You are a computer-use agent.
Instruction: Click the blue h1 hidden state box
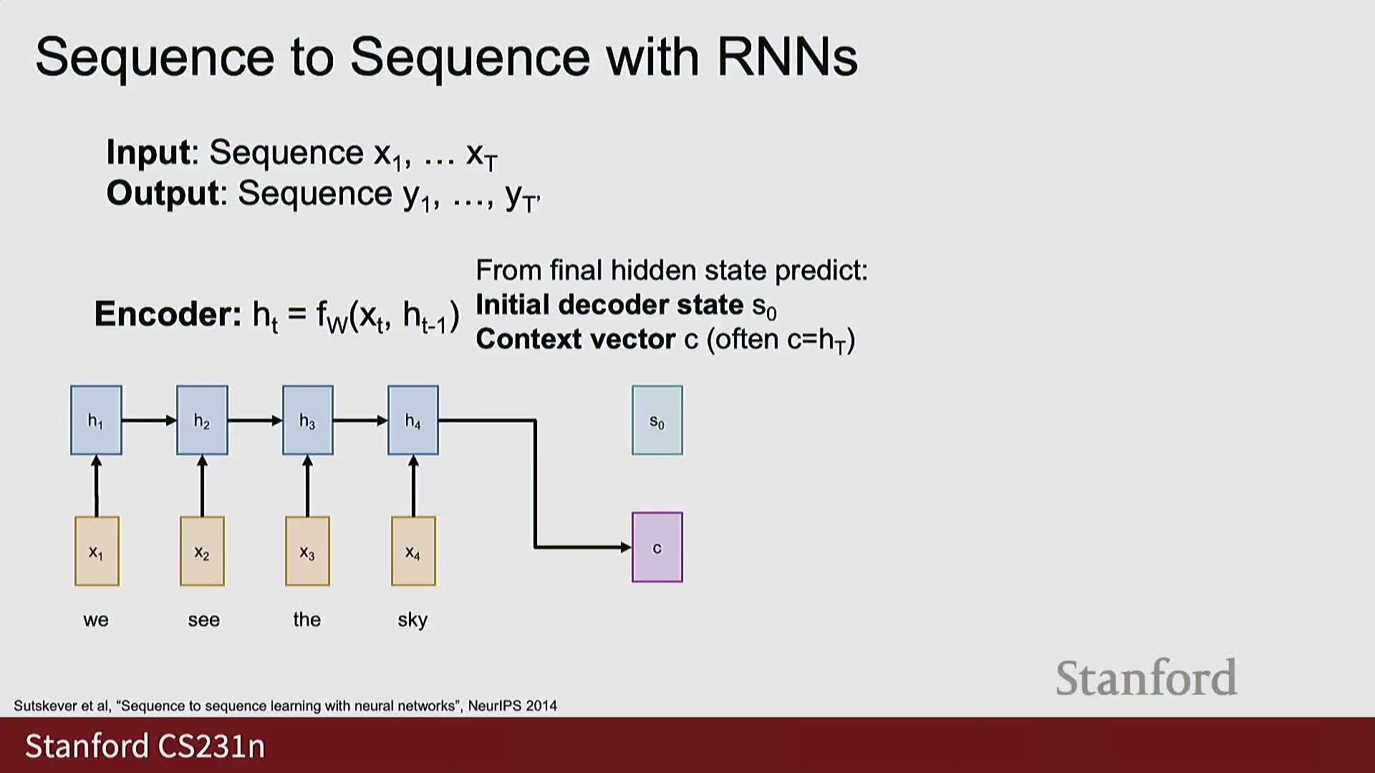pos(96,420)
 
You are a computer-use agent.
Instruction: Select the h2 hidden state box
pos(202,420)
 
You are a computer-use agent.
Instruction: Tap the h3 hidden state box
pos(308,420)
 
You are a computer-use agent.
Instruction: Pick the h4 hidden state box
pos(413,420)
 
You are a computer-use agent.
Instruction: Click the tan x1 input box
pos(97,551)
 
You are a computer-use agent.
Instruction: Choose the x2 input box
pos(202,551)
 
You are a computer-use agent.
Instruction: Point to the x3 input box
pos(308,551)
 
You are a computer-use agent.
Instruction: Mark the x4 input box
pos(413,551)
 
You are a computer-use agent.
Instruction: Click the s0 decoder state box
pos(657,420)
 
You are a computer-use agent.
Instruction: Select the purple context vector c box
pos(657,548)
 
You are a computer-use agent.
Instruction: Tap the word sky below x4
pos(412,620)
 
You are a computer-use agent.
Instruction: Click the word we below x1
pos(96,621)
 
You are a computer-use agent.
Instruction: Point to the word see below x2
pos(204,621)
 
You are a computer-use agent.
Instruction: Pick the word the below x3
pos(307,619)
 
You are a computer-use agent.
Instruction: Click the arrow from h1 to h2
pos(150,420)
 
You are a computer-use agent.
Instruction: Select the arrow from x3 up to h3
pos(308,486)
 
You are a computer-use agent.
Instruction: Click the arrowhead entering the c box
pos(626,548)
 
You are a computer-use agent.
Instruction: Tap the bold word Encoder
pos(168,314)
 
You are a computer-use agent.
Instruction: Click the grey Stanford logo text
pos(1147,678)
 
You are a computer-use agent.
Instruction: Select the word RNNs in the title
pos(787,57)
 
